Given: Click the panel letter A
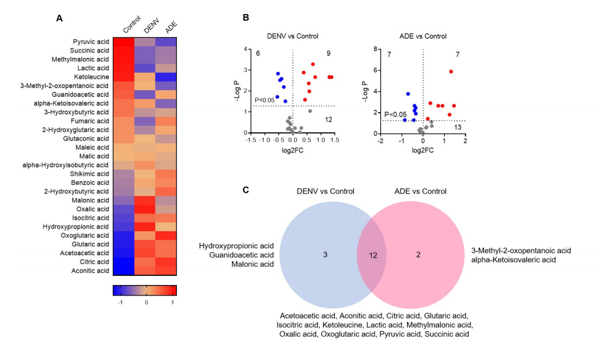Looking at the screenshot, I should tap(59, 18).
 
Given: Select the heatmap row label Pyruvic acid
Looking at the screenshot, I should tap(90, 41).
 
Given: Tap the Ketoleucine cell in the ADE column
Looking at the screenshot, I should tap(165, 77).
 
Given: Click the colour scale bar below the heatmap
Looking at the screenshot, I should tap(145, 289).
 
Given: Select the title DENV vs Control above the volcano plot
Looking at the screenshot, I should tap(292, 36).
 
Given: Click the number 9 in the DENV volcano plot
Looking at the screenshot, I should tap(328, 54).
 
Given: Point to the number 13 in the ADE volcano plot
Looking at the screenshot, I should tap(458, 127).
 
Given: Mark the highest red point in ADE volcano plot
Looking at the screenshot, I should tap(451, 71).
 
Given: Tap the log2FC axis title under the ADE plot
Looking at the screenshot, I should tap(422, 149).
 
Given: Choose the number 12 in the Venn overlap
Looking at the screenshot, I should tap(374, 254).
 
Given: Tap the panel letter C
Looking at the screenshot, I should tap(245, 190).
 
